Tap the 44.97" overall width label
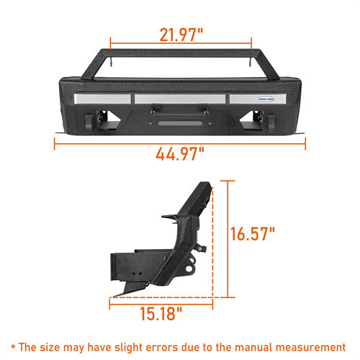tap(180, 153)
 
